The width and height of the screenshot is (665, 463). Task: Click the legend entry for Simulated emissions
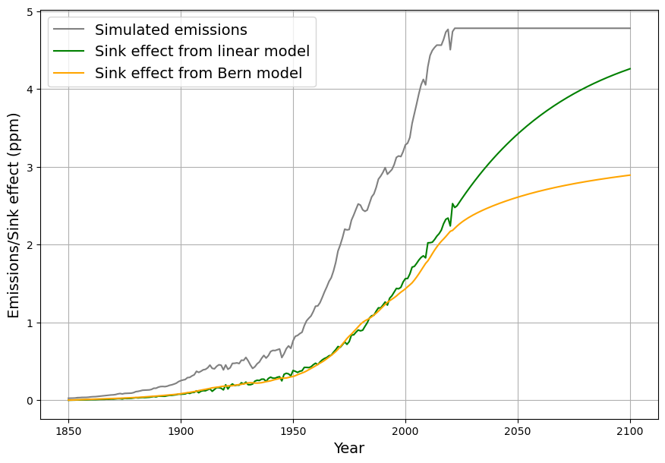171,30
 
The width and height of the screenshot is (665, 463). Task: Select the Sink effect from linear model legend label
202,52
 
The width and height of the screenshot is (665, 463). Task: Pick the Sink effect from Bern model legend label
198,74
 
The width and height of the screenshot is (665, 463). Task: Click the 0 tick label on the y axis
30,401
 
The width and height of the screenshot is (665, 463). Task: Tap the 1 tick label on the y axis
30,323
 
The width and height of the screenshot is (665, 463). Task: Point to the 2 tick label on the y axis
30,245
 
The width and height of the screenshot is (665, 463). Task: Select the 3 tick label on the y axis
30,168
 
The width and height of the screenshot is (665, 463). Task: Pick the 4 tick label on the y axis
30,90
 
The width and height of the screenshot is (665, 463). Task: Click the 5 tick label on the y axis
30,12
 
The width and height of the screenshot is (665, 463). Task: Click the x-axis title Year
349,449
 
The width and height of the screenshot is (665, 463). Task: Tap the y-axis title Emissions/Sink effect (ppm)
14,216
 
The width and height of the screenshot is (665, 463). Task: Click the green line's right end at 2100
630,69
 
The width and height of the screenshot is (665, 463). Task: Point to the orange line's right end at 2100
630,175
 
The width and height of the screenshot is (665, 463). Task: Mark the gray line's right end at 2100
630,28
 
